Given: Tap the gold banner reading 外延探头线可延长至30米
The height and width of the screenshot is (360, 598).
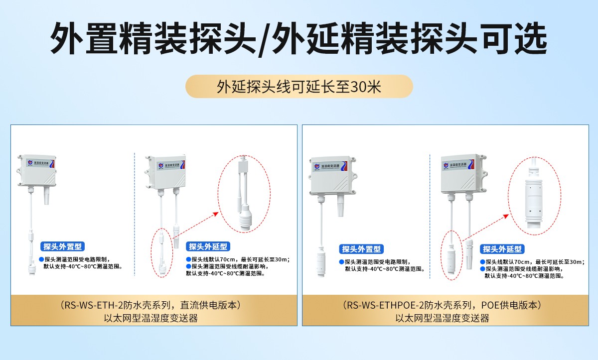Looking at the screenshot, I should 299,87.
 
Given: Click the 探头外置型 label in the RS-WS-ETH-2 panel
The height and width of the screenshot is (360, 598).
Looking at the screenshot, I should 62,246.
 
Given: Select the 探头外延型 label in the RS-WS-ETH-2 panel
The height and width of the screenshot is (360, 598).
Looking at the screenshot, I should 208,246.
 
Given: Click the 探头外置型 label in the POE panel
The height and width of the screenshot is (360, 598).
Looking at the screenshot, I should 362,249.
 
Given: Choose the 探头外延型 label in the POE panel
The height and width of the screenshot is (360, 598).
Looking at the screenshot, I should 502,249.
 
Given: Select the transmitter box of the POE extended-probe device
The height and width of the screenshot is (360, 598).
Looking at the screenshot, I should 461,174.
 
